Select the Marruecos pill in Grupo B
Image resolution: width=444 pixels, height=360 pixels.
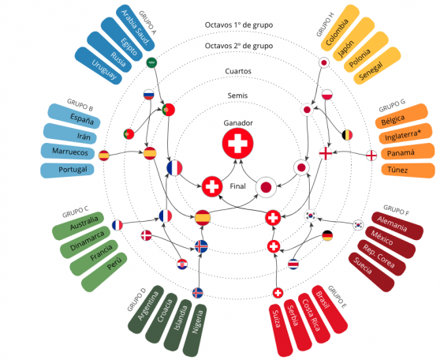(x=68, y=152)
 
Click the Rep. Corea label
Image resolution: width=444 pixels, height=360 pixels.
(x=379, y=257)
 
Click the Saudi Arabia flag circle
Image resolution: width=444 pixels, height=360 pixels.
(x=151, y=62)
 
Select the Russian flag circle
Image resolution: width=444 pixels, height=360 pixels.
(x=149, y=95)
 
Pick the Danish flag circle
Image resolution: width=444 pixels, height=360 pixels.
(x=147, y=235)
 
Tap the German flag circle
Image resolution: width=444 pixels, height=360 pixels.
(x=327, y=235)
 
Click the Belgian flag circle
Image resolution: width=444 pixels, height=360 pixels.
(x=347, y=135)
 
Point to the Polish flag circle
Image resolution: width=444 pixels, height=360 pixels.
(x=327, y=95)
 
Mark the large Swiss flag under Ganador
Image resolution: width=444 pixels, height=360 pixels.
(x=237, y=144)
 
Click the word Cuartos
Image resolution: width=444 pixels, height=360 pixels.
(x=238, y=71)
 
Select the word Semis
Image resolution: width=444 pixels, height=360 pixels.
(x=237, y=96)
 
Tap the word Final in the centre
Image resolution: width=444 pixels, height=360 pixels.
(x=238, y=186)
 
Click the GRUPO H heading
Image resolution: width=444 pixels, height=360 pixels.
(x=326, y=24)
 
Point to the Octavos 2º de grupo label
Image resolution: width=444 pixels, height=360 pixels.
(x=239, y=46)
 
